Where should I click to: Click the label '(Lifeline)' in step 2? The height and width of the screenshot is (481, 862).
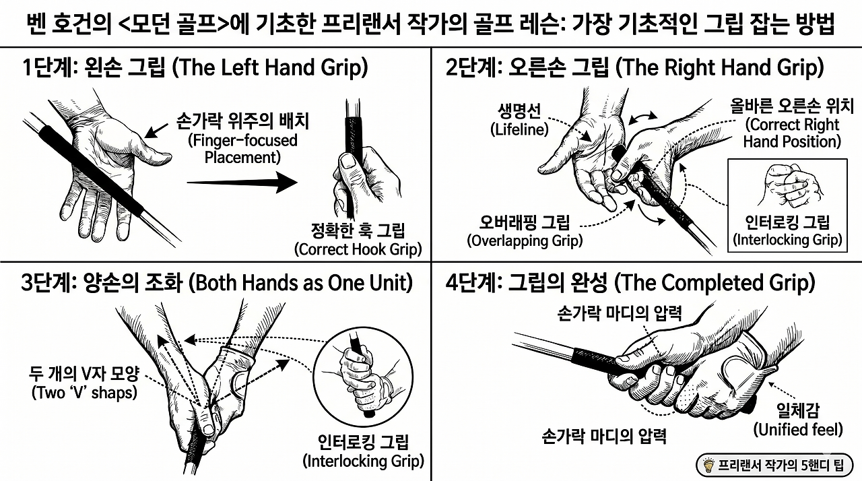[x=519, y=129]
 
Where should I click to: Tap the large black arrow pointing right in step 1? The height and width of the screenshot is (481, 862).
[x=242, y=182]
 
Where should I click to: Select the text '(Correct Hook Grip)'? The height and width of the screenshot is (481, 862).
[x=358, y=249]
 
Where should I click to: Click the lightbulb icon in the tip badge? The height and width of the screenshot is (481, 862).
[x=708, y=465]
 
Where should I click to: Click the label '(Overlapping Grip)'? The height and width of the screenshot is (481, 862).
[x=525, y=241]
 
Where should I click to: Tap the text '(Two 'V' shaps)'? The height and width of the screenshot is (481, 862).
[x=84, y=393]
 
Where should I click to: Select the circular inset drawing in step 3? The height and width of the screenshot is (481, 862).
[x=363, y=377]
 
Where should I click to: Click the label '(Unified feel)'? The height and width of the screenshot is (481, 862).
[x=798, y=430]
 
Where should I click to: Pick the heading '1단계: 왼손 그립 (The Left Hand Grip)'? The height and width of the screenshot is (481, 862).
[x=195, y=68]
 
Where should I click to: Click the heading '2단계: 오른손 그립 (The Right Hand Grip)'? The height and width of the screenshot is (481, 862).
[x=635, y=68]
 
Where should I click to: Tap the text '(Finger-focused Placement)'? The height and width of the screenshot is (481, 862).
[x=242, y=149]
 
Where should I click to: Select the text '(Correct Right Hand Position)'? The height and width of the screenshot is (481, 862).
[x=792, y=133]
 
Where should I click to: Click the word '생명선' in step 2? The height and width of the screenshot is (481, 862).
[x=519, y=111]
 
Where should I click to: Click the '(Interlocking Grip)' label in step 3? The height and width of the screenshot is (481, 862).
[x=363, y=461]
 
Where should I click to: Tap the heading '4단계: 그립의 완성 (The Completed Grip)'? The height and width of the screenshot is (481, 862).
[x=630, y=283]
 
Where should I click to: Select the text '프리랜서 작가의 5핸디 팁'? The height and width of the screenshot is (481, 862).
[x=781, y=466]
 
